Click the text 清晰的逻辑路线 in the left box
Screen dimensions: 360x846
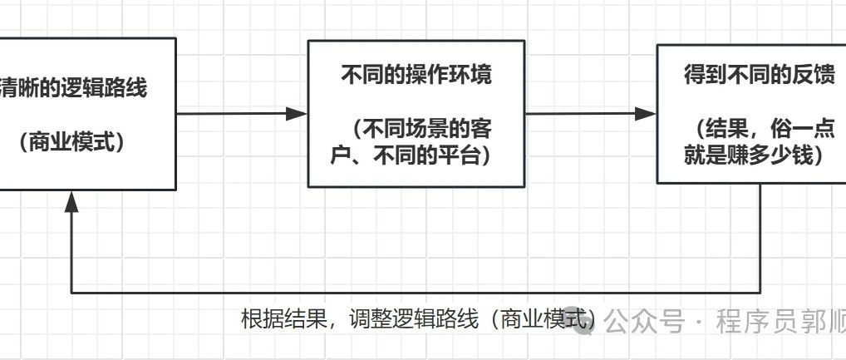coord(75,88)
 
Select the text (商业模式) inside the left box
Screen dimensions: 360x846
coord(72,142)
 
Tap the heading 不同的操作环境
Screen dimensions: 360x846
coord(416,76)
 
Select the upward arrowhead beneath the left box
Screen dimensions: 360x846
coord(72,200)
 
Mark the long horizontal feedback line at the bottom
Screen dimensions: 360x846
coord(416,293)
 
